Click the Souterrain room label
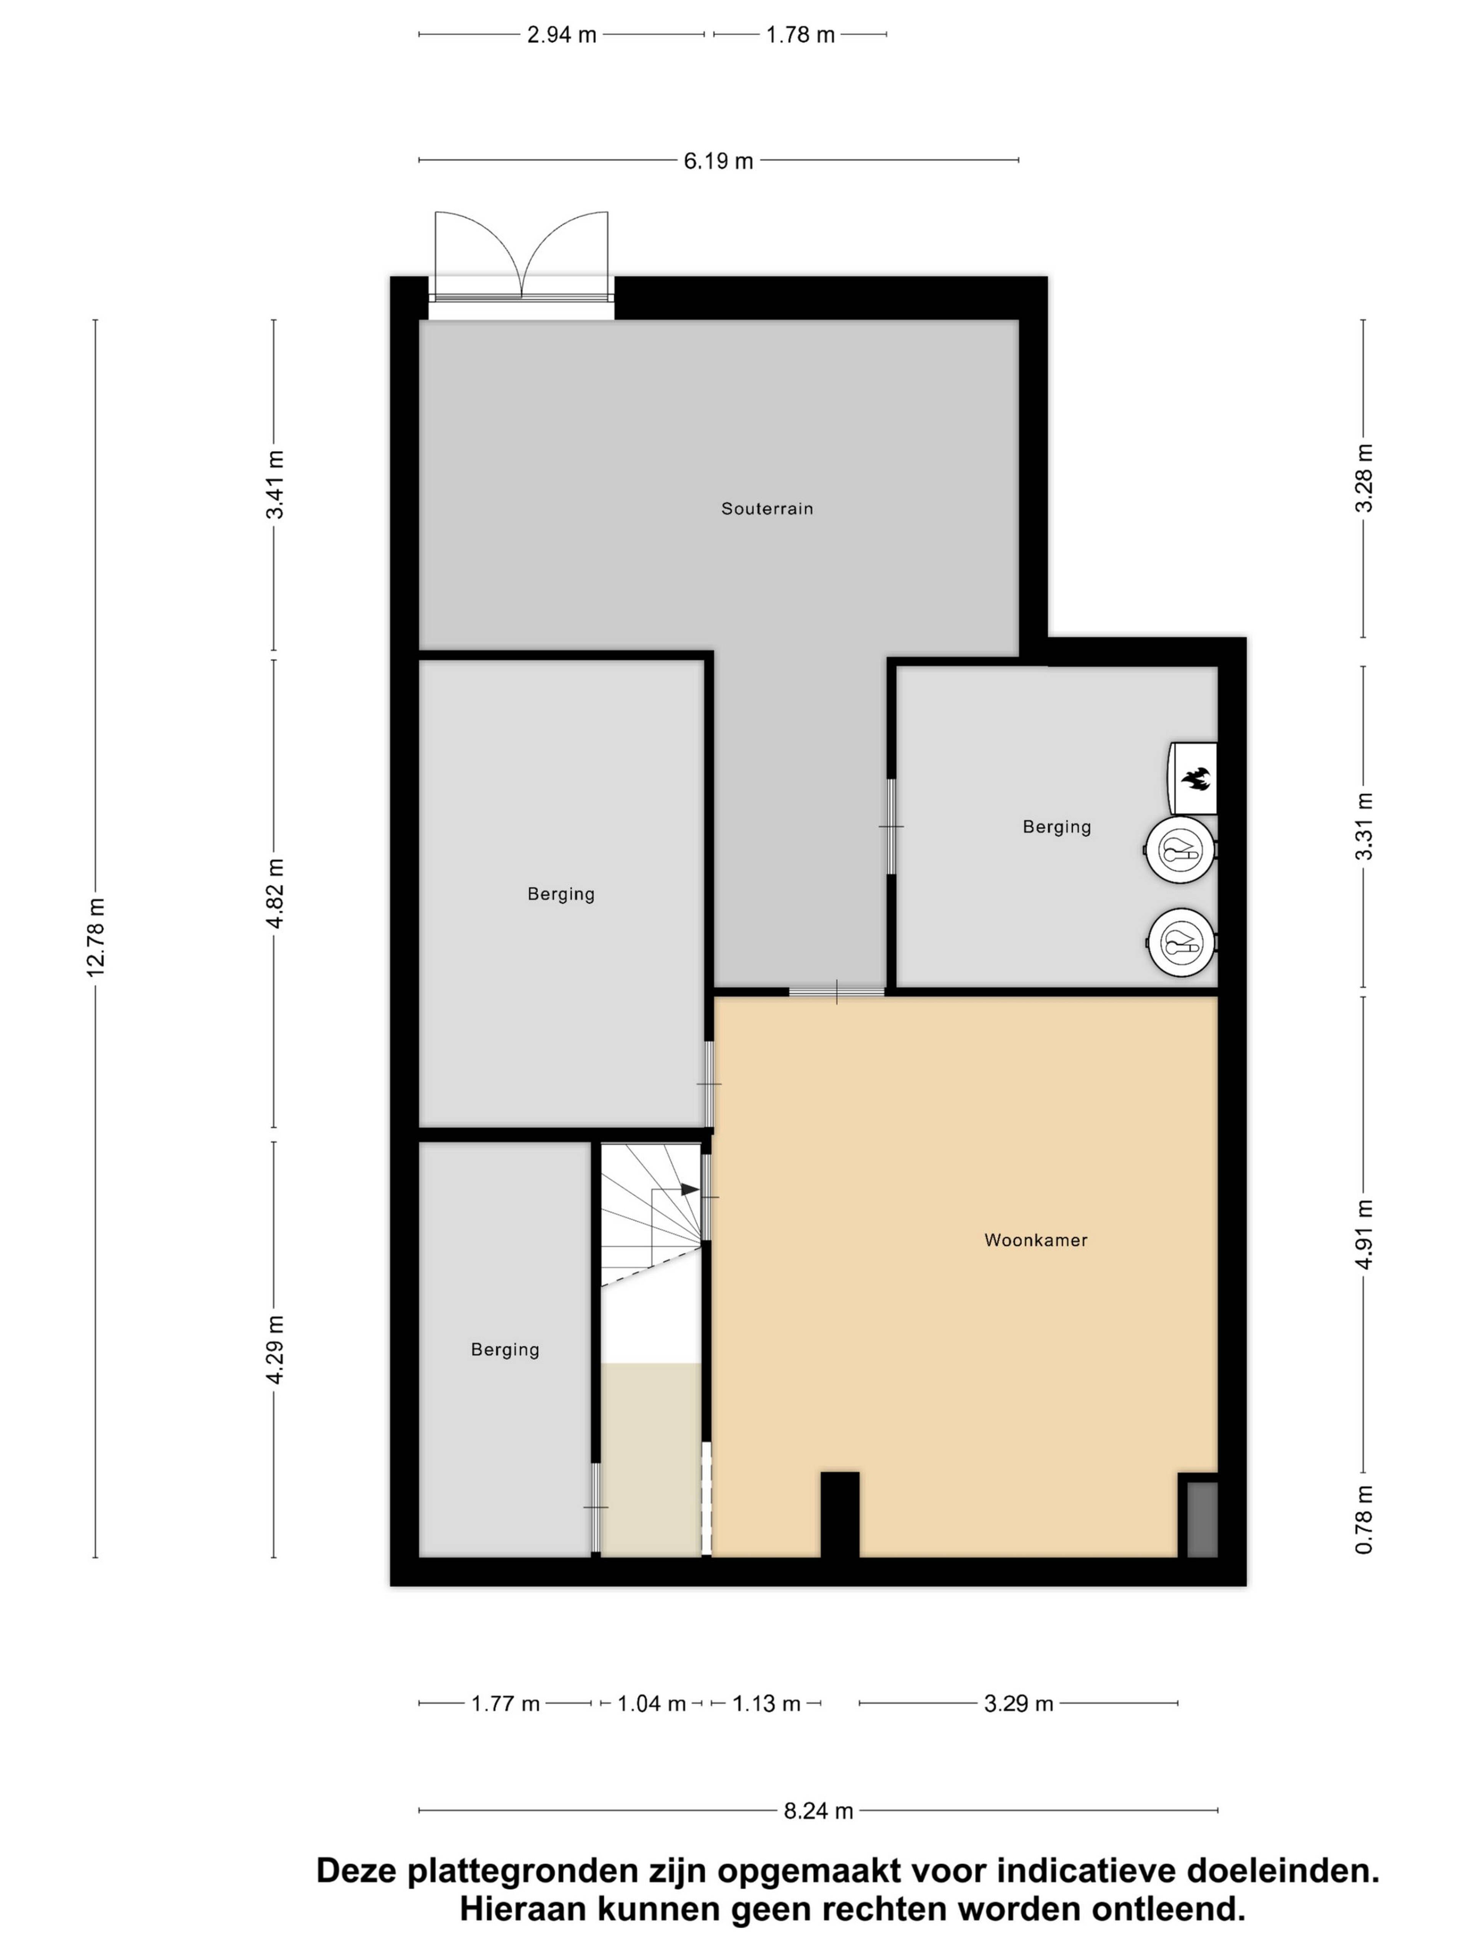pyautogui.click(x=766, y=508)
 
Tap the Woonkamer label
pyautogui.click(x=1036, y=1240)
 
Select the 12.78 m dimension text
pyautogui.click(x=95, y=937)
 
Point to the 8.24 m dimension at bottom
pyautogui.click(x=819, y=1811)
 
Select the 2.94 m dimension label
pyautogui.click(x=562, y=35)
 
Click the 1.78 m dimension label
pyautogui.click(x=800, y=35)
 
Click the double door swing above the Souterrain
pyautogui.click(x=522, y=256)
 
